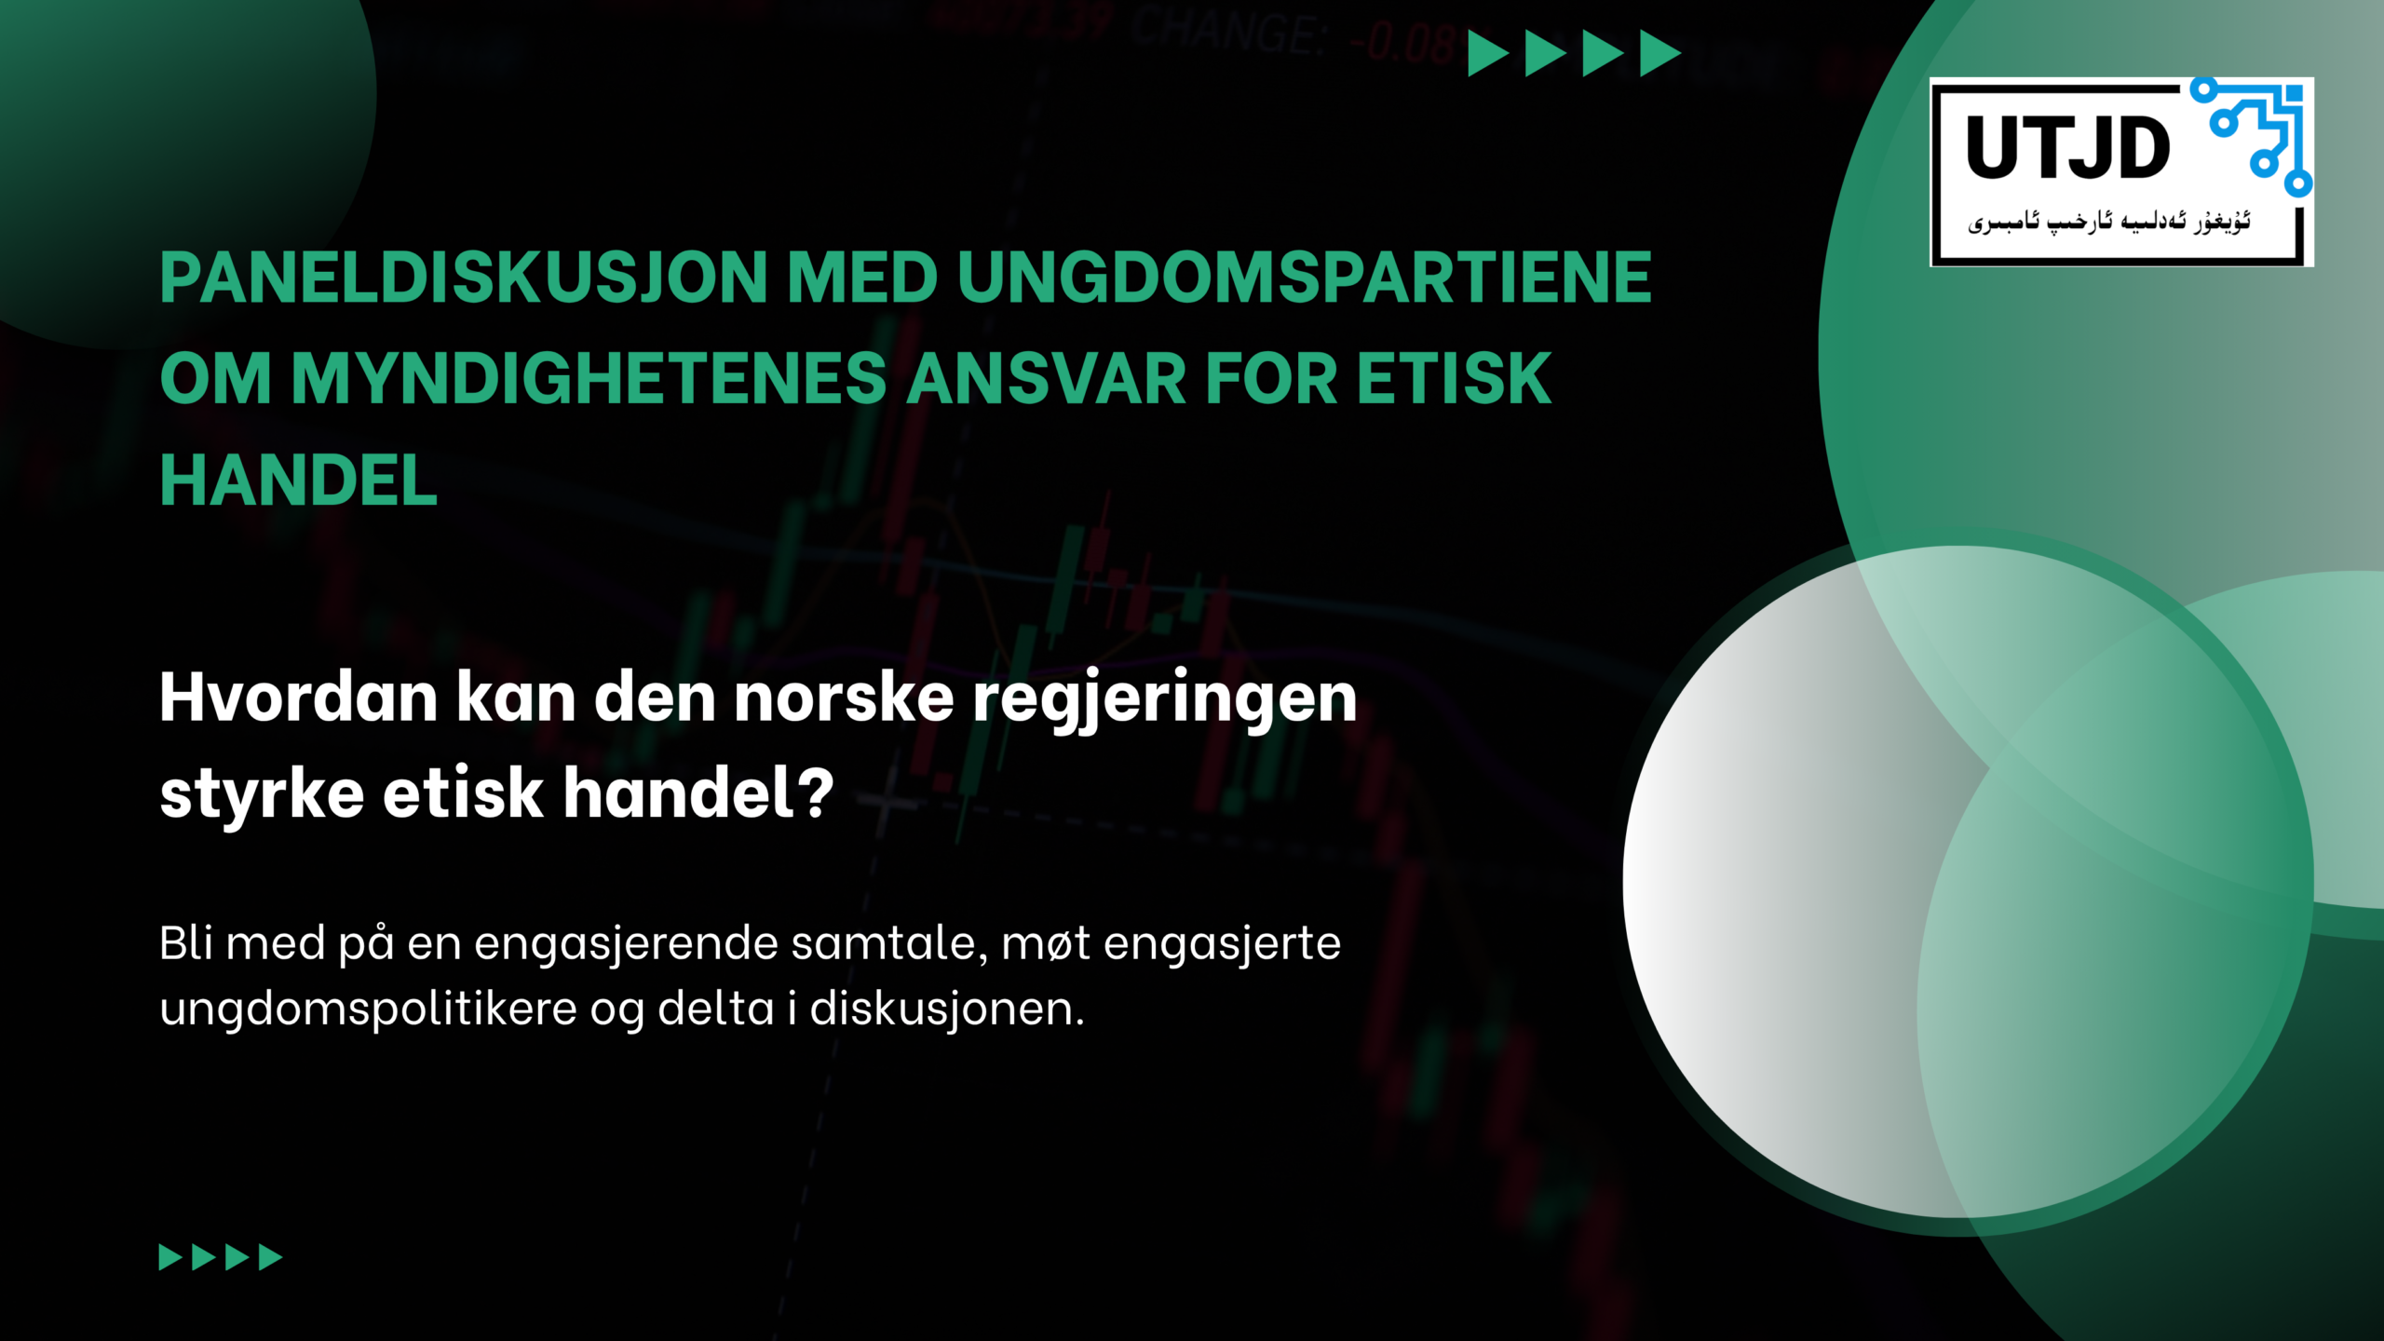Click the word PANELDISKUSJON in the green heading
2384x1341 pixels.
pyautogui.click(x=462, y=278)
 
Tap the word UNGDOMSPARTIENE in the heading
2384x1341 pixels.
pyautogui.click(x=1304, y=278)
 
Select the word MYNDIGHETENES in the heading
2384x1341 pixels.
pyautogui.click(x=589, y=379)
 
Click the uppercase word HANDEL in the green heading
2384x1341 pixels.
pyautogui.click(x=298, y=481)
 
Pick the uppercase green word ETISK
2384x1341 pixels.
pyautogui.click(x=1454, y=379)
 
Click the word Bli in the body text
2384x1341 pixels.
pyautogui.click(x=186, y=943)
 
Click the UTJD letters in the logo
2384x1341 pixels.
pyautogui.click(x=2068, y=148)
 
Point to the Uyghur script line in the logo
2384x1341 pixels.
pyautogui.click(x=2108, y=222)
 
